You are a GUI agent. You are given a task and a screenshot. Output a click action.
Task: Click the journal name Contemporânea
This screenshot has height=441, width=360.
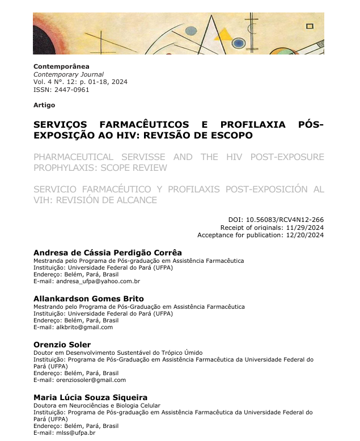(x=61, y=66)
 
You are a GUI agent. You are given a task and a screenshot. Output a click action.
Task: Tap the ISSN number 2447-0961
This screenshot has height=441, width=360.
(x=71, y=90)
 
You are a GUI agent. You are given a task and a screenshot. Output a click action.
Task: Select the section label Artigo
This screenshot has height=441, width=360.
(x=44, y=105)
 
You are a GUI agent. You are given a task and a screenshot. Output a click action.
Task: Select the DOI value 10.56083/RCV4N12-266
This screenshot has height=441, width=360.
(x=290, y=220)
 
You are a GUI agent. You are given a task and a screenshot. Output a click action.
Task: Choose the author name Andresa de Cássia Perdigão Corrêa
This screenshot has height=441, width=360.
(x=108, y=253)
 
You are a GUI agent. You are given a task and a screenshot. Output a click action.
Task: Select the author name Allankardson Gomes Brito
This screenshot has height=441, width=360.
(x=88, y=299)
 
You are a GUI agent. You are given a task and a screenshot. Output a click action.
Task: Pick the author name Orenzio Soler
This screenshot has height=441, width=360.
(x=62, y=345)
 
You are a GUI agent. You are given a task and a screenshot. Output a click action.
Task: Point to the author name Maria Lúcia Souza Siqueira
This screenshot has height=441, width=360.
(x=90, y=397)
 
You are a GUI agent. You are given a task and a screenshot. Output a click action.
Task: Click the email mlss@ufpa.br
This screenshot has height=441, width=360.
(x=73, y=433)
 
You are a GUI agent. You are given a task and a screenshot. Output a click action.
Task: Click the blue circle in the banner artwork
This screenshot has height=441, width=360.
(x=239, y=43)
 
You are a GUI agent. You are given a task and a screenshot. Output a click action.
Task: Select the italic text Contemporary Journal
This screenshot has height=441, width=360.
(x=69, y=74)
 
